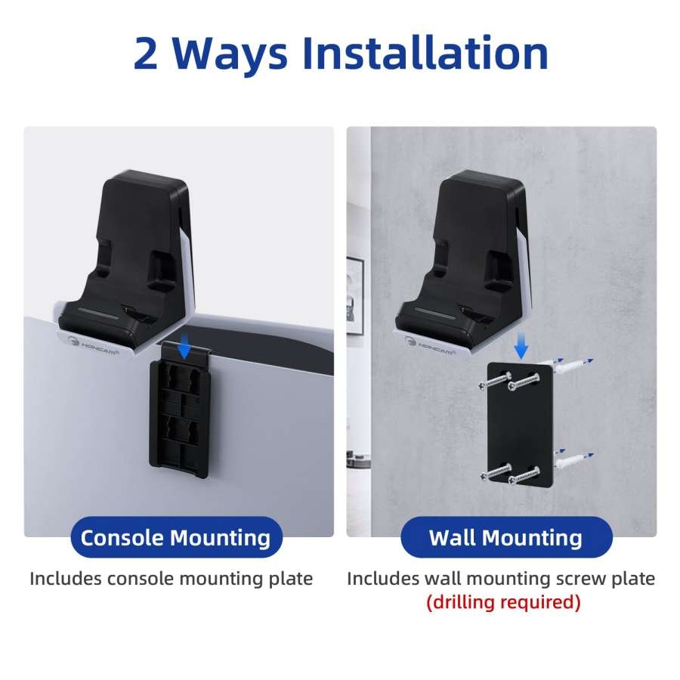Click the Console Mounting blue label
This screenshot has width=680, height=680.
tap(175, 538)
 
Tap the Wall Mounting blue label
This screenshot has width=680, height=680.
tap(505, 538)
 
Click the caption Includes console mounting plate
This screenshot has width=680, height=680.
tap(171, 579)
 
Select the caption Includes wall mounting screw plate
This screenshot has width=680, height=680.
tap(501, 579)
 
